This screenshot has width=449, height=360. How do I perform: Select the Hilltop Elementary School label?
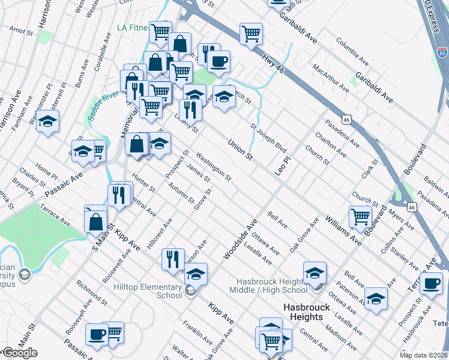tap(148, 291)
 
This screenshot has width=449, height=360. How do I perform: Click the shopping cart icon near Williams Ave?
tap(360, 217)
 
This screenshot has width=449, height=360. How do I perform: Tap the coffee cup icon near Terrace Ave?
tap(431, 283)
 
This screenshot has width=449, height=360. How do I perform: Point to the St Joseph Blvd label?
tap(268, 137)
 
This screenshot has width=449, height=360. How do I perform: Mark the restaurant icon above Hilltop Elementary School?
tap(173, 259)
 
